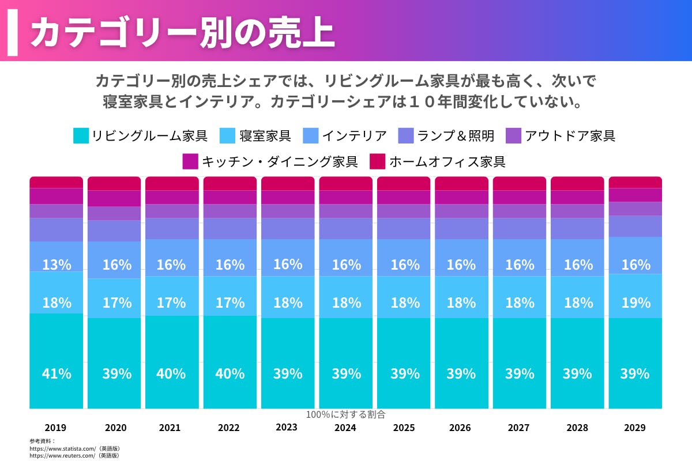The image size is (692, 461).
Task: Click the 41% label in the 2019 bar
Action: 57,373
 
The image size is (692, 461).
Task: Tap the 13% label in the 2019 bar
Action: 57,265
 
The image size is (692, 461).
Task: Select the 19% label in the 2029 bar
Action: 635,303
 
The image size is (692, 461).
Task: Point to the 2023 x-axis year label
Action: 287,427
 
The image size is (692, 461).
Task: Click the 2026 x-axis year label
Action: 460,428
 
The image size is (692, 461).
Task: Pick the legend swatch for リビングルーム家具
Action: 81,136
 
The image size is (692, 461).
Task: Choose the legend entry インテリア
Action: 354,136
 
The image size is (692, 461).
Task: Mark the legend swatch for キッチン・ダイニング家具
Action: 190,161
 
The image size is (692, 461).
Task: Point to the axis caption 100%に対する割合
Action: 345,414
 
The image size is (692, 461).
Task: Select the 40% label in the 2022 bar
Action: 230,373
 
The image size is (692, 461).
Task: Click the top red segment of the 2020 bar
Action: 114,183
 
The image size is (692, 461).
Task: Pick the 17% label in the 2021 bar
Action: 171,303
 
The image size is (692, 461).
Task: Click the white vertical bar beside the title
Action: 13,32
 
